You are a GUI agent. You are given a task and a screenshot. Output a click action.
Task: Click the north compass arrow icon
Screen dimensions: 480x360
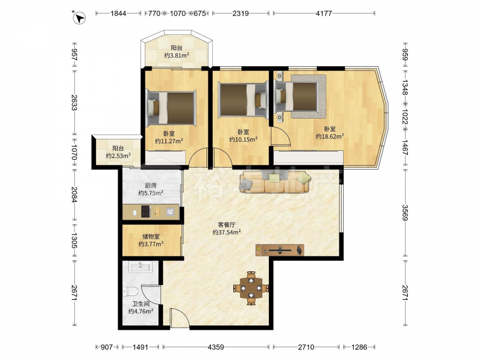point(79,18)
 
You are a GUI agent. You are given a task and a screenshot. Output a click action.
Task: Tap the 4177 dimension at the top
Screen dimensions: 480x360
point(324,13)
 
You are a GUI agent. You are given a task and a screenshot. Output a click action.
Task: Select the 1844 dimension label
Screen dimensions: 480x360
point(118,13)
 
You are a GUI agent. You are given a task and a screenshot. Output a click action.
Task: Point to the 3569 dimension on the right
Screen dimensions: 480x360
point(405,213)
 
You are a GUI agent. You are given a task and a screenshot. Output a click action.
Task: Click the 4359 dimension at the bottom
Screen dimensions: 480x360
point(216,347)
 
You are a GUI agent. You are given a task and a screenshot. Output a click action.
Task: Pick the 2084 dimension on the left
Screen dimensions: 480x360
point(74,194)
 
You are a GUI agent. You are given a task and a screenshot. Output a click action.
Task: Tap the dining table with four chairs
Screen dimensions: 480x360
point(251,288)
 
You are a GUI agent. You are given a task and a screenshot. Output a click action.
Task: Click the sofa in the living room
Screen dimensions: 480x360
point(276,182)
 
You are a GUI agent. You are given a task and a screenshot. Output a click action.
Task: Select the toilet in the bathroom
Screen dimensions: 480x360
point(131,291)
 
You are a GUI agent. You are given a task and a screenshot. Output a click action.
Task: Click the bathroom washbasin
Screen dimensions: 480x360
point(140,266)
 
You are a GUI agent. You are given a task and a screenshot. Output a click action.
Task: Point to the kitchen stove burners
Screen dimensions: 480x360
point(146,212)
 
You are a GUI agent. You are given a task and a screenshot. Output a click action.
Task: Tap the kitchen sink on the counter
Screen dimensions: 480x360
point(170,212)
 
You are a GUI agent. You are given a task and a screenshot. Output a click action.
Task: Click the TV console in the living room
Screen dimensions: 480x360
point(280,250)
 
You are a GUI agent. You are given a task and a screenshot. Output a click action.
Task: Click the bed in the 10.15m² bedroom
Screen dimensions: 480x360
point(243,100)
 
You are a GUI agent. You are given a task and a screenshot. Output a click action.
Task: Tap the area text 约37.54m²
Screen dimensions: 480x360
point(227,232)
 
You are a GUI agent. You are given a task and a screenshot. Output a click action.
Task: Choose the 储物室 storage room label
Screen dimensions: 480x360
point(151,236)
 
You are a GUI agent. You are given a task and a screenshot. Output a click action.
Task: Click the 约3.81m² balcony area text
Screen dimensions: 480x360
point(177,55)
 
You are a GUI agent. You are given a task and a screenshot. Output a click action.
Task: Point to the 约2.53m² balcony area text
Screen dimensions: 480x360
point(119,156)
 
